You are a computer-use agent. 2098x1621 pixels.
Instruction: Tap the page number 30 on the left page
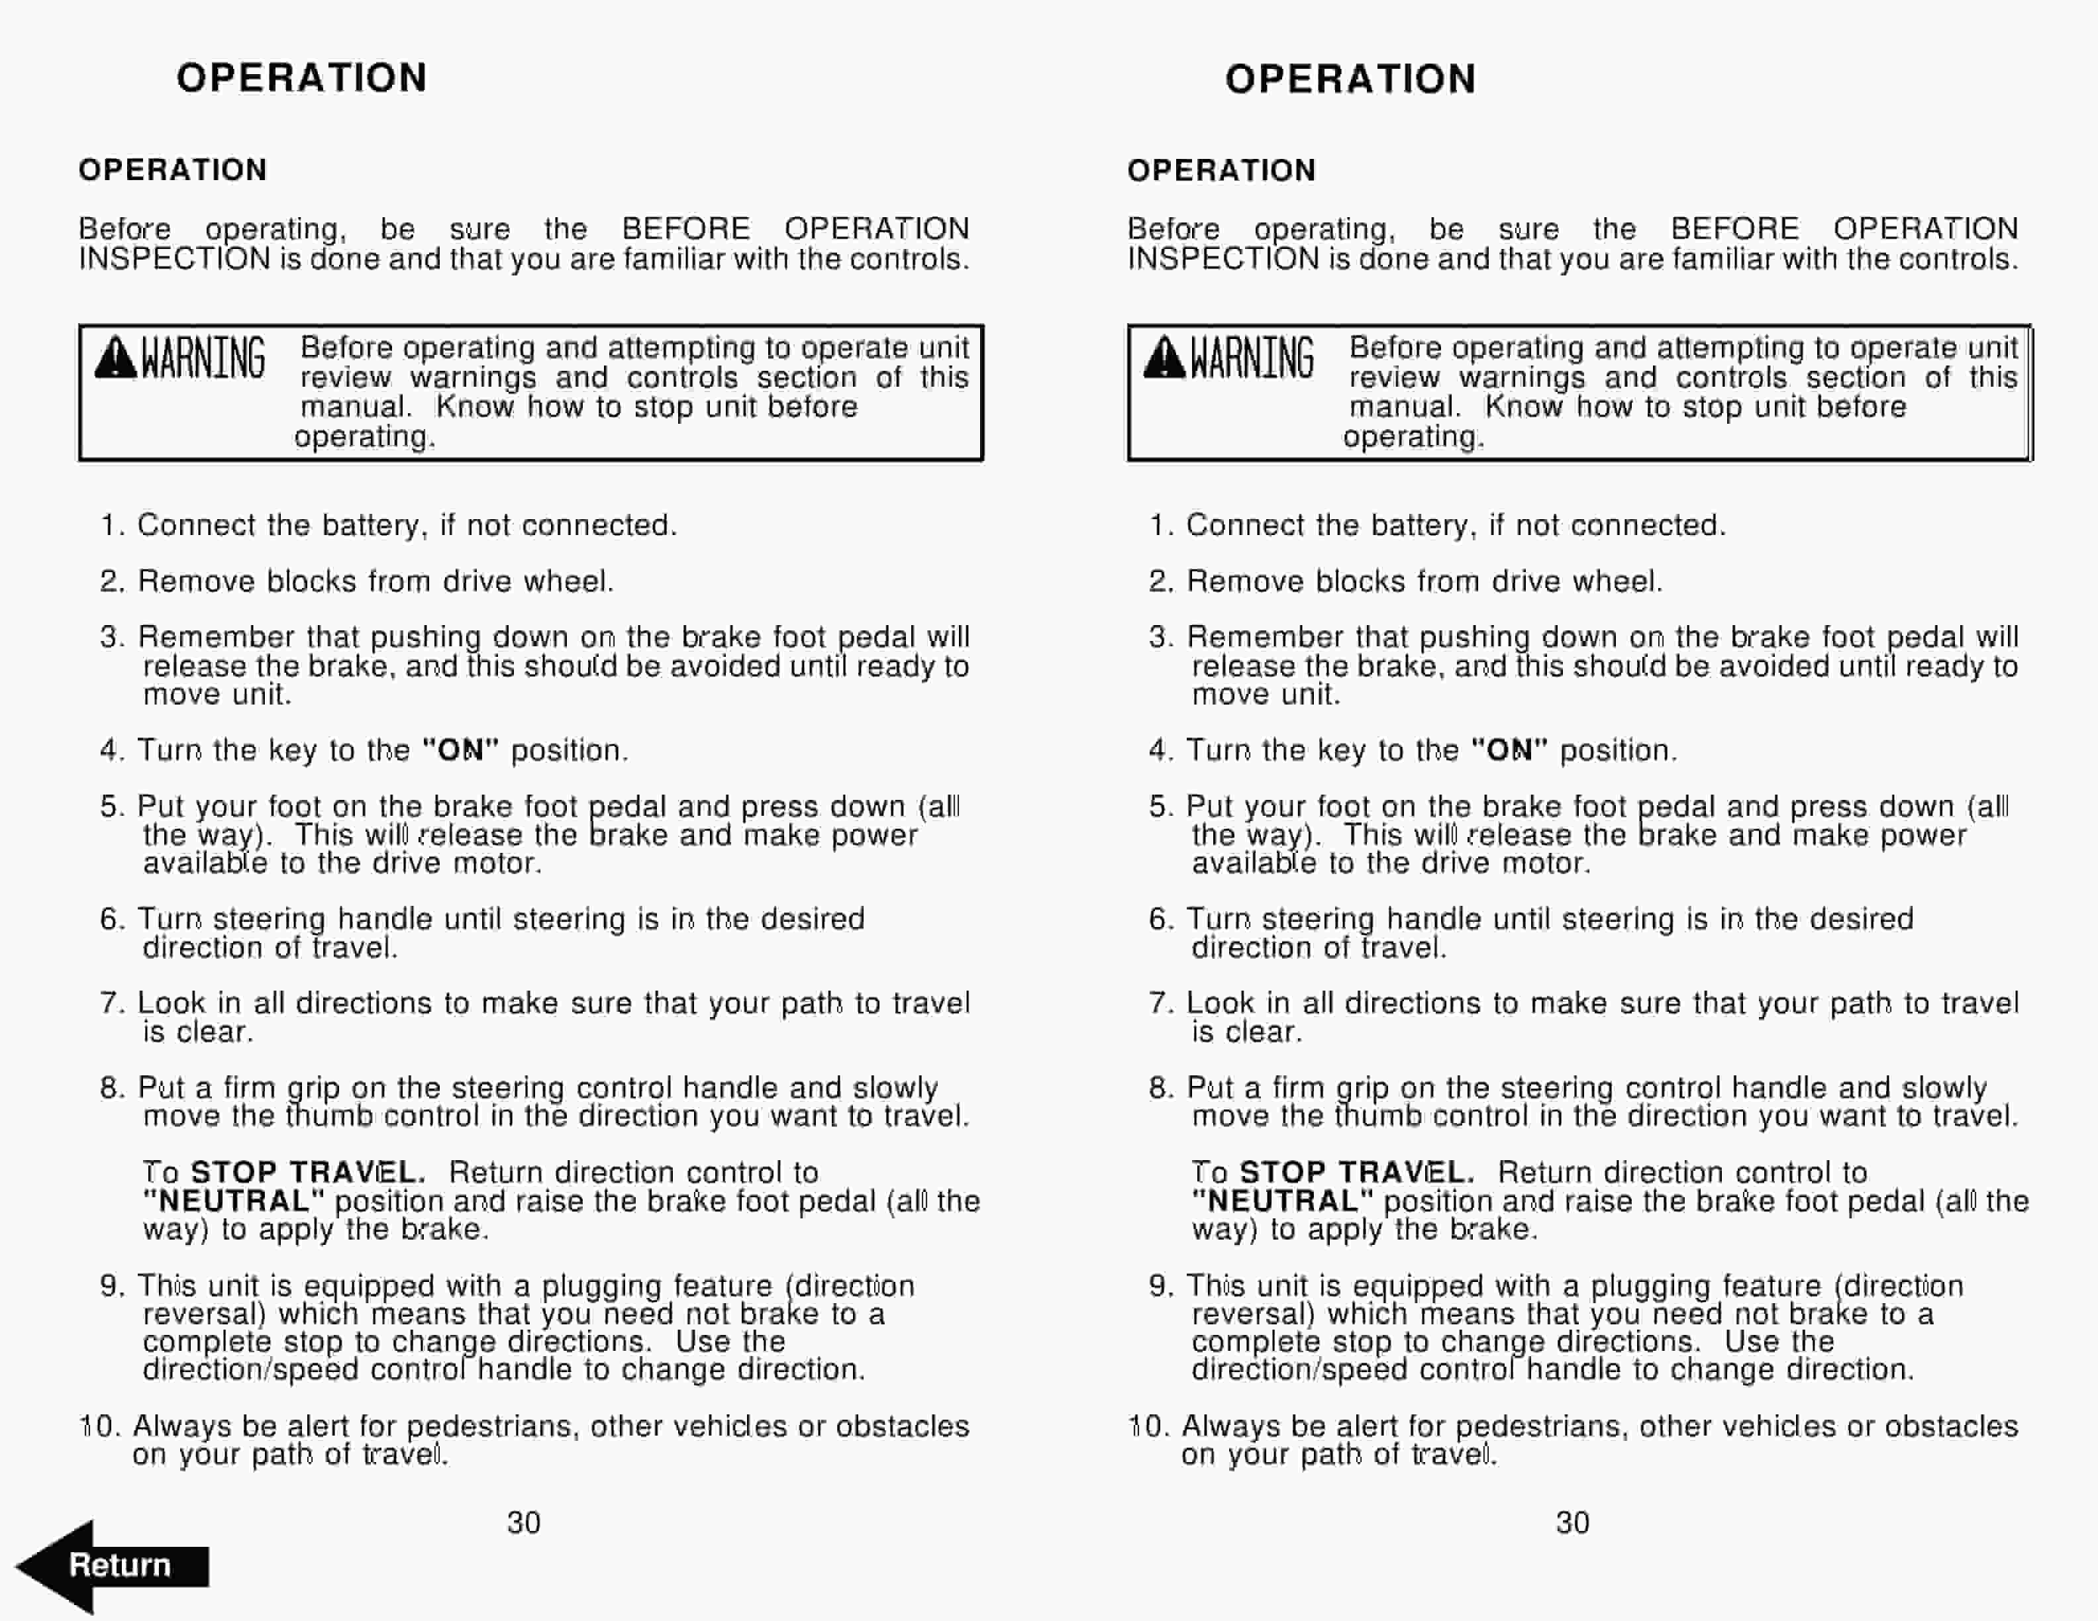tap(524, 1522)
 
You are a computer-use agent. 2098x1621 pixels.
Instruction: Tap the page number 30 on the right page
tap(1573, 1522)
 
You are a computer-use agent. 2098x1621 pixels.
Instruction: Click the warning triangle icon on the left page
tap(115, 358)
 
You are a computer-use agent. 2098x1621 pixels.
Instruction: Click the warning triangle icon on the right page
tap(1164, 358)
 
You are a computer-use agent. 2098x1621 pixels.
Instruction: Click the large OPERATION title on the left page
tap(301, 77)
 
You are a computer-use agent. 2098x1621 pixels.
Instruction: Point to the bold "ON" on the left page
tap(460, 750)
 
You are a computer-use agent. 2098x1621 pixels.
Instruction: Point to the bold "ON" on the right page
tap(1509, 750)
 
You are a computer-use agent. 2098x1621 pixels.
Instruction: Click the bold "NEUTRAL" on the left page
tap(233, 1201)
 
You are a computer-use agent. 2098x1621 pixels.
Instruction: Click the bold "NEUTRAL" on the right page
tap(1282, 1201)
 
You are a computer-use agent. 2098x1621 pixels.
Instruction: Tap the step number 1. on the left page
tap(113, 525)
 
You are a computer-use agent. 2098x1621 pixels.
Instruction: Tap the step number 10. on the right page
tap(1148, 1426)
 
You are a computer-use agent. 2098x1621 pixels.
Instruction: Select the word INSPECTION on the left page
tap(174, 260)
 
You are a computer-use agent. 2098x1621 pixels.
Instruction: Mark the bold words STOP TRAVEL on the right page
tap(1356, 1173)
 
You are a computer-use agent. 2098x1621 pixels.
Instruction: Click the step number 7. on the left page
tap(113, 1003)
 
